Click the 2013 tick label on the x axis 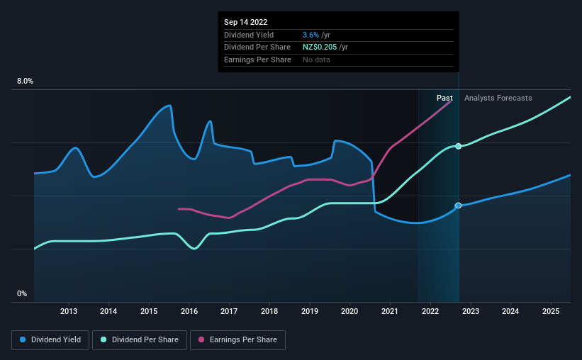pos(69,311)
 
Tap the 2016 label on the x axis pos(189,311)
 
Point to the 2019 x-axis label pos(310,311)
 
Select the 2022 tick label pos(430,311)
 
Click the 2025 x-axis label pos(551,311)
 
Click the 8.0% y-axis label pos(25,81)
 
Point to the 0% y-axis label pos(22,294)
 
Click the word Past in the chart pos(444,98)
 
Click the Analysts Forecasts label pos(498,98)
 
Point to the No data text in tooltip pos(316,60)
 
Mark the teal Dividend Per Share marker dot pos(459,146)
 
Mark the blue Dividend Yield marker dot pos(458,206)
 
